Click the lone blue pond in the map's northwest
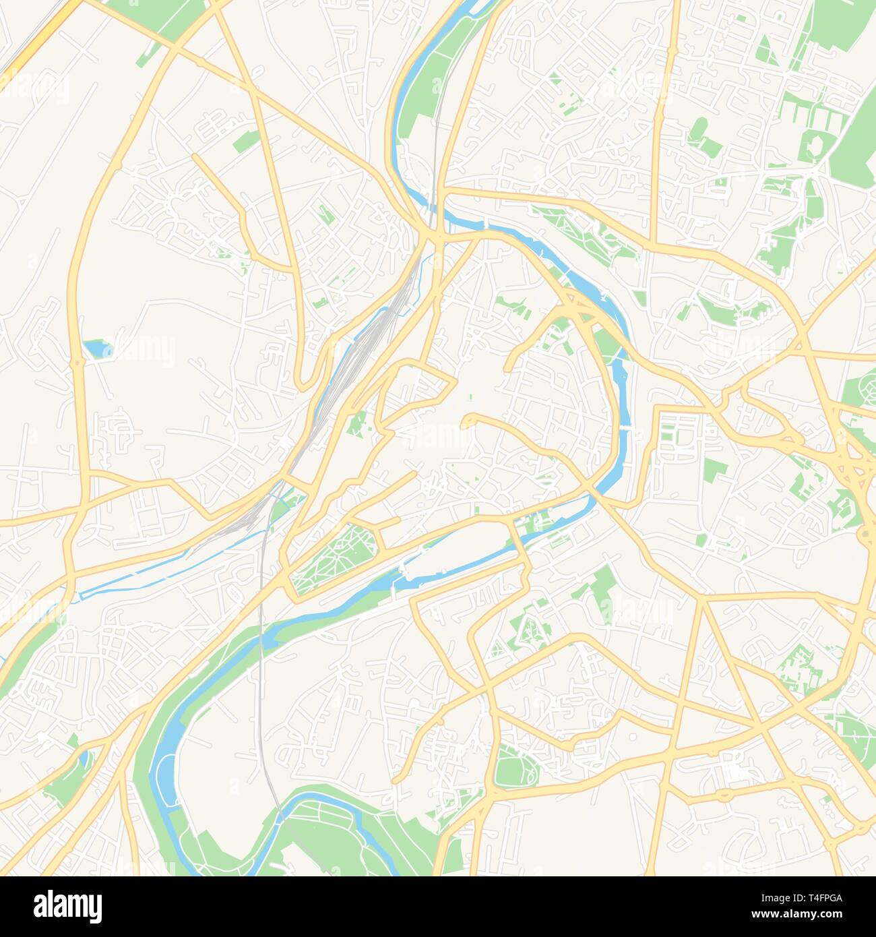(95, 349)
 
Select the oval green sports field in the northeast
(699, 127)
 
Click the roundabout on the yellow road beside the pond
(79, 362)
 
